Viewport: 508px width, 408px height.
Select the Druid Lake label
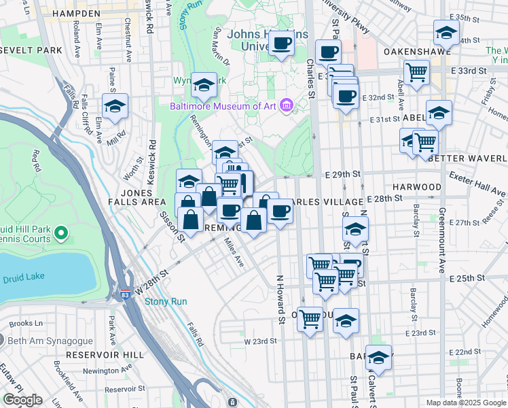tap(23, 278)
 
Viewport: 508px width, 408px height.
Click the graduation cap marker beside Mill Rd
tap(115, 107)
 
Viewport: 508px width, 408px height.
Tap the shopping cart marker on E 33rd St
tap(416, 71)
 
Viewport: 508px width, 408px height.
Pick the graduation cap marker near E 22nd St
tap(378, 357)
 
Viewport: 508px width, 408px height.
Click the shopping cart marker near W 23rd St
tap(310, 316)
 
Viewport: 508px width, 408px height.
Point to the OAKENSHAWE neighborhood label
tap(408, 51)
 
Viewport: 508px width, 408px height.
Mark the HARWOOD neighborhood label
tap(416, 186)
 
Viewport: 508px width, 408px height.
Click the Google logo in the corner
tap(22, 400)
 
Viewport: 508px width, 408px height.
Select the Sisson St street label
tap(171, 226)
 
